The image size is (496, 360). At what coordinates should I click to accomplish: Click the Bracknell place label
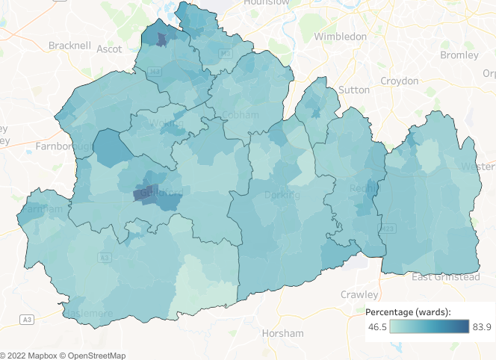point(69,46)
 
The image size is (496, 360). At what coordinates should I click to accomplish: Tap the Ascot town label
point(109,49)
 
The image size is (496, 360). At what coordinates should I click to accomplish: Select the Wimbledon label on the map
point(340,36)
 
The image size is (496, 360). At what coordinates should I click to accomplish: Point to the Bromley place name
point(459,55)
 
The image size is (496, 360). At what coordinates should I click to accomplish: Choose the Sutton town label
point(353,90)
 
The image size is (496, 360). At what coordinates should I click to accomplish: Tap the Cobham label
point(241,115)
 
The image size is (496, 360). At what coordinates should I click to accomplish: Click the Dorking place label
point(282,195)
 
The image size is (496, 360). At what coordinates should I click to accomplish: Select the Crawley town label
point(359,294)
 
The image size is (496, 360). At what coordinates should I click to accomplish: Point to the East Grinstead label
point(447,277)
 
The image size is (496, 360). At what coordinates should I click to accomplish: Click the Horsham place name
point(282,333)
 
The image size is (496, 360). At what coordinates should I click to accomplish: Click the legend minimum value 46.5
point(378,326)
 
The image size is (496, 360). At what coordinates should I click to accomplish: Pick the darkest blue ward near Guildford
point(142,193)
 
